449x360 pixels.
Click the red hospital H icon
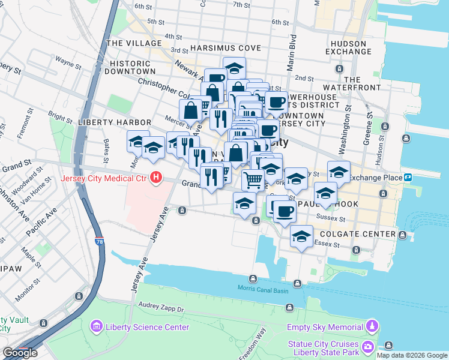pyautogui.click(x=156, y=178)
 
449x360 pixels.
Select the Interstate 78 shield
pyautogui.click(x=98, y=241)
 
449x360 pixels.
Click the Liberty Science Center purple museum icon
pyautogui.click(x=95, y=327)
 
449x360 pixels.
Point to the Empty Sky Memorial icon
pyautogui.click(x=372, y=327)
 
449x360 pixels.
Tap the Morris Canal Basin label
pyautogui.click(x=262, y=291)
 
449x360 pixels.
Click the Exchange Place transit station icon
pyautogui.click(x=408, y=178)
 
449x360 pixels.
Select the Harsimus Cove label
pyautogui.click(x=226, y=48)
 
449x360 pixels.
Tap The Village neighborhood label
pyautogui.click(x=134, y=43)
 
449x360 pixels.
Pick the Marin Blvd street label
pyautogui.click(x=292, y=53)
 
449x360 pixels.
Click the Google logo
pyautogui.click(x=20, y=353)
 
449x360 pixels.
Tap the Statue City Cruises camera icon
pyautogui.click(x=367, y=347)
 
